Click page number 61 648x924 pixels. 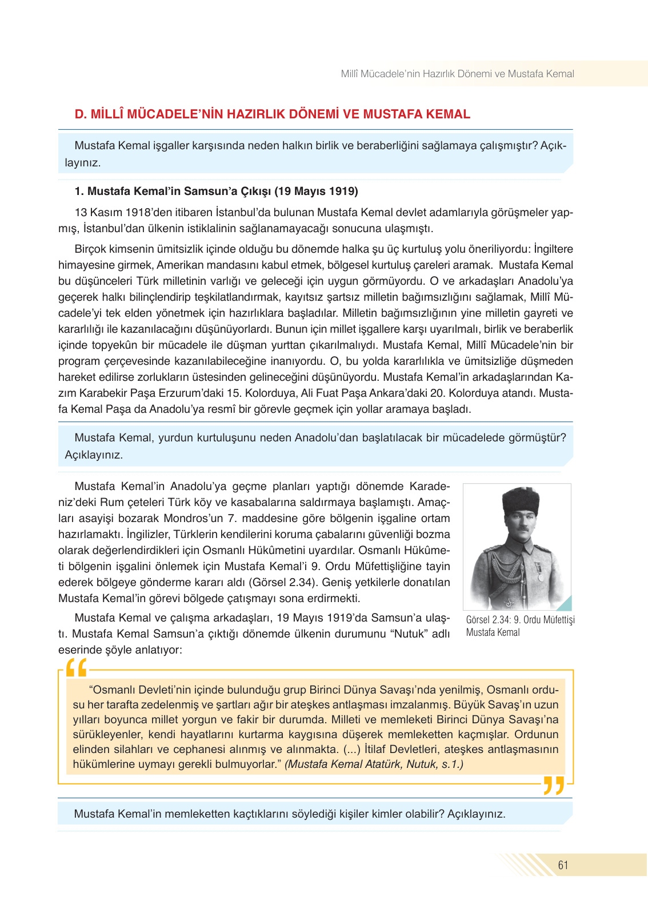coord(563,865)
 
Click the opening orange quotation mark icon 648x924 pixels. coord(76,668)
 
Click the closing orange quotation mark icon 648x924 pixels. coord(553,786)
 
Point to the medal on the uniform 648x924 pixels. coord(538,569)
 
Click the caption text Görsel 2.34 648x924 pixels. coord(487,620)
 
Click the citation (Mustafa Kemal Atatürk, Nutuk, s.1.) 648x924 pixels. coord(374,764)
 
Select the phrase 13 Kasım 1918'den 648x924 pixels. coord(123,212)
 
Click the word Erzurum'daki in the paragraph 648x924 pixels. coord(195,393)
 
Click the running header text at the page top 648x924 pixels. coord(457,74)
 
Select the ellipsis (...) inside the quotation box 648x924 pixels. coord(351,749)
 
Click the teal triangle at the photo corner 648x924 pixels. coord(565,604)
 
